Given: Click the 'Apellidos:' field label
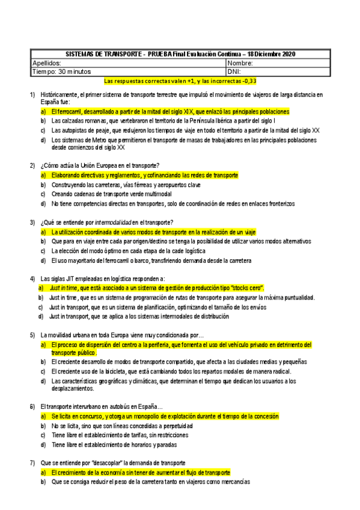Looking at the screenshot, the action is (x=46, y=63).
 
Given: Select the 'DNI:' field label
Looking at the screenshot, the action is (x=236, y=71).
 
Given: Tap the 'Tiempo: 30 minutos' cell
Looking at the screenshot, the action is (x=61, y=71).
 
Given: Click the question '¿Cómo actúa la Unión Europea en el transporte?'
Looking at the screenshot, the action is (x=100, y=165).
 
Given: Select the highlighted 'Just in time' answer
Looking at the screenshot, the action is (x=156, y=288).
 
